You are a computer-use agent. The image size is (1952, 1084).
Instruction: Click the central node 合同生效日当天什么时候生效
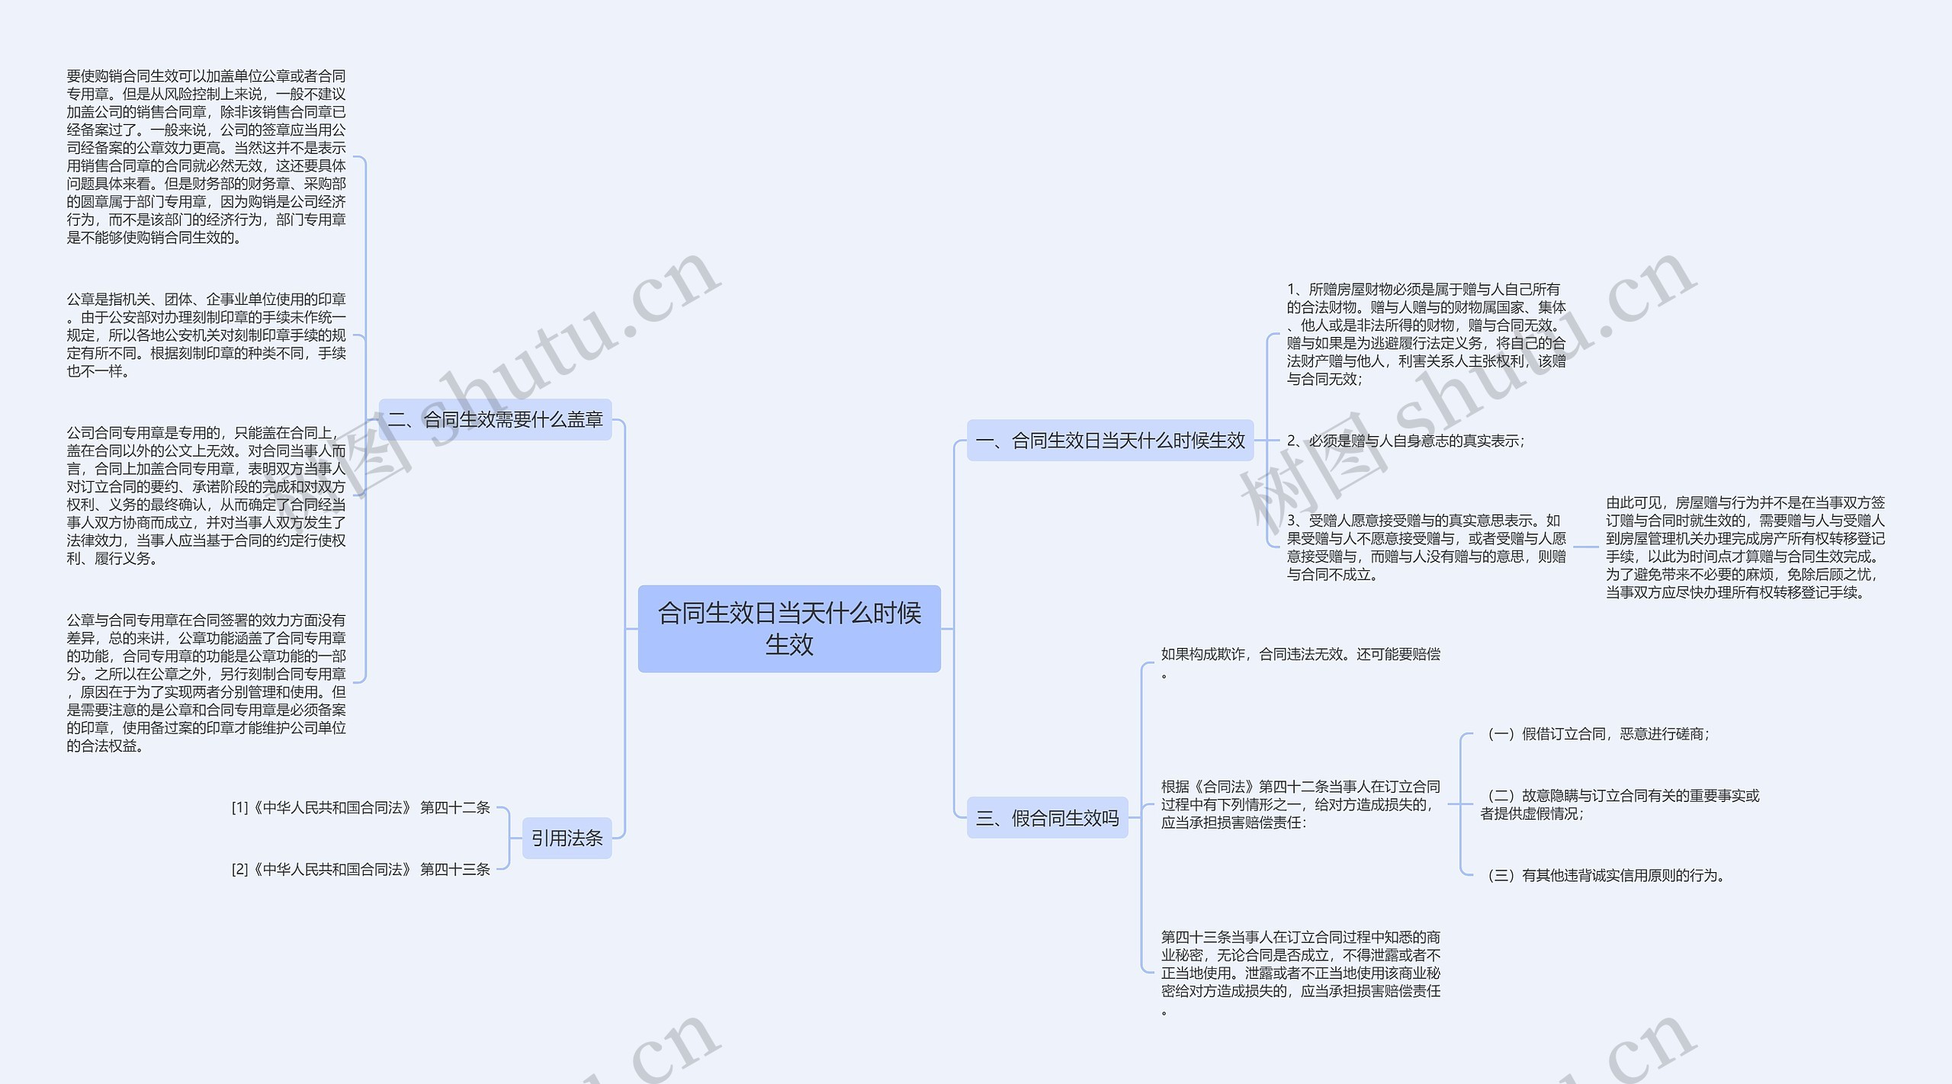pos(788,628)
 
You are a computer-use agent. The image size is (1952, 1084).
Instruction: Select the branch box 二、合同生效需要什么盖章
pos(496,419)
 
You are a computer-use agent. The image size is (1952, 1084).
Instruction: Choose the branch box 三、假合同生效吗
pos(1047,818)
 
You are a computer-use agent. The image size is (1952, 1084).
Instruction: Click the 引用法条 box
pos(567,838)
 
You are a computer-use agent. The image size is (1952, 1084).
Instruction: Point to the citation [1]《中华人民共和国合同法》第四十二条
pos(361,807)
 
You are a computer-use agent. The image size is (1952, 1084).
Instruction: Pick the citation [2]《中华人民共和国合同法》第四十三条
pos(361,869)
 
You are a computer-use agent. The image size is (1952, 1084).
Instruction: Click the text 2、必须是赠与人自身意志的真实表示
pos(1405,441)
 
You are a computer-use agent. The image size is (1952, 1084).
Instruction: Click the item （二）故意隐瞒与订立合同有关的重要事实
pos(1620,804)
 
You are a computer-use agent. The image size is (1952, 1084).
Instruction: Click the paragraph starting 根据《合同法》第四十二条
pos(1300,804)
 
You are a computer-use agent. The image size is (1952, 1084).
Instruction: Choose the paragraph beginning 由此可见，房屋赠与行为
pos(1745,547)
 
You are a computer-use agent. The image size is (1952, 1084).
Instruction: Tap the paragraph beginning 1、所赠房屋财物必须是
pos(1426,334)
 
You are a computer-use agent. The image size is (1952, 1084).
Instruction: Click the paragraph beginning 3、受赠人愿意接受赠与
pos(1426,547)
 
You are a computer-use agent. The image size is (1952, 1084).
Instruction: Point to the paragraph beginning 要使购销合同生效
pos(206,156)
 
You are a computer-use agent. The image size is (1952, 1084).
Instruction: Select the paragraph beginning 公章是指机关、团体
pos(206,335)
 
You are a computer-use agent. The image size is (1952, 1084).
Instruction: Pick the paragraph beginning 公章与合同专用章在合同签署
pos(206,683)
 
